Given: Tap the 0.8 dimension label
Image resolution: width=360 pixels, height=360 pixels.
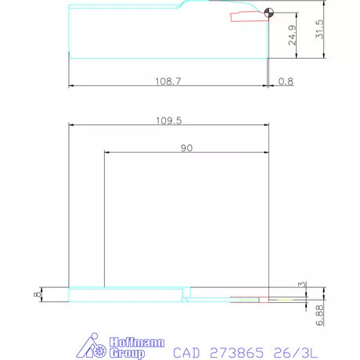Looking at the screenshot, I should (x=286, y=81).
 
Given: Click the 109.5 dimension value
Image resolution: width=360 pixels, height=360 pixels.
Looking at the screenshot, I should (x=168, y=121).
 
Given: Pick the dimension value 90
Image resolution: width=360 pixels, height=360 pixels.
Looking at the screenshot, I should (x=186, y=147).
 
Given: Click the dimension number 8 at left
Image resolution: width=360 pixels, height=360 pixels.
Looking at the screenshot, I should (x=35, y=294).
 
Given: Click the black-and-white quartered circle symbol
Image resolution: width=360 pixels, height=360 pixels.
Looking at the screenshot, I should (x=268, y=13).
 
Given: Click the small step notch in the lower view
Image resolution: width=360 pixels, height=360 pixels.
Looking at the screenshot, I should (x=185, y=297).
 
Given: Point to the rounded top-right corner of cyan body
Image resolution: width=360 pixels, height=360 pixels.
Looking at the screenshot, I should (x=188, y=6).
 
